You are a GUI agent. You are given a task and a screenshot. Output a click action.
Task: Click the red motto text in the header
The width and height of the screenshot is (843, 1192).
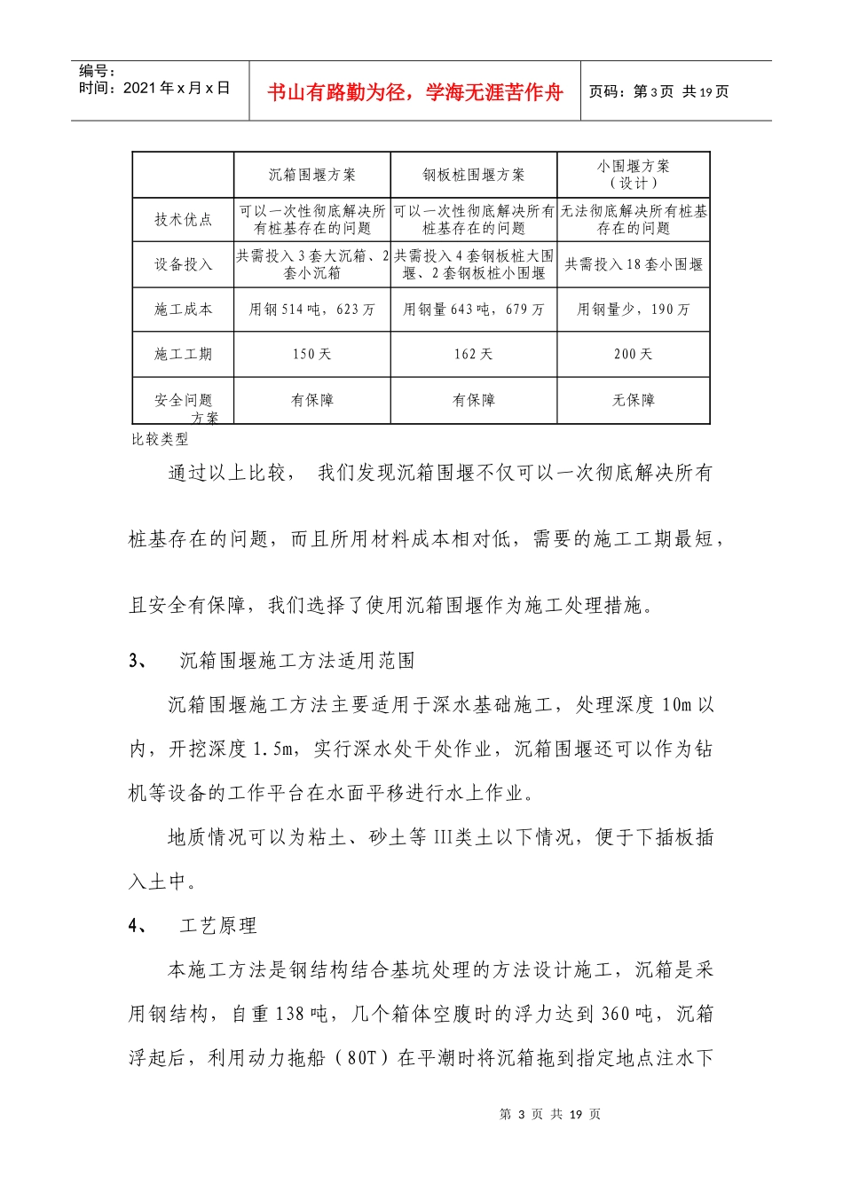(x=414, y=92)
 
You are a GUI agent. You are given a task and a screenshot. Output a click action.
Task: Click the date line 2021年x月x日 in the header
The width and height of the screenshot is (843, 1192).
(x=154, y=88)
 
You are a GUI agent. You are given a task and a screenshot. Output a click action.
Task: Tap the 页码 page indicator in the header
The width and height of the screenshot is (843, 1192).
(x=658, y=91)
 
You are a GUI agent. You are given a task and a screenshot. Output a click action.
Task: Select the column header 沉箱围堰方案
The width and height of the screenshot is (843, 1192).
(x=312, y=175)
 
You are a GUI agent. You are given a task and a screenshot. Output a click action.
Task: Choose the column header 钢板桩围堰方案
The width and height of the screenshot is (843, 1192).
(x=474, y=175)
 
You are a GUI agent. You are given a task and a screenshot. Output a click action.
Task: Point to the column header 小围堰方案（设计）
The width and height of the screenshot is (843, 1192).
(x=634, y=174)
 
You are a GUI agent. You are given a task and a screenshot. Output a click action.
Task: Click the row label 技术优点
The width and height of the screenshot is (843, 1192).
(x=183, y=220)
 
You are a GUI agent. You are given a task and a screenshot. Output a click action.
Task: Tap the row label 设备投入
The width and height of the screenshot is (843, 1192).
(x=183, y=264)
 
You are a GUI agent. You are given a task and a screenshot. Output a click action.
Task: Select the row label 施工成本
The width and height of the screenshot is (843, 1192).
(x=183, y=310)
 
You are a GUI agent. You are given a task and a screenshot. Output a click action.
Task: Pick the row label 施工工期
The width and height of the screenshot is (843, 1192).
(x=183, y=354)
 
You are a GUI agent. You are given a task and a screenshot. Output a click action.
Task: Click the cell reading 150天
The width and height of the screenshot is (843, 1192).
(x=312, y=354)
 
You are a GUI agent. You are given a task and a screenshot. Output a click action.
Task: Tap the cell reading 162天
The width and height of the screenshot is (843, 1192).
(x=474, y=354)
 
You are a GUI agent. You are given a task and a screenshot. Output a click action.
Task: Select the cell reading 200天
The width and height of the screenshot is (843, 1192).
(x=634, y=354)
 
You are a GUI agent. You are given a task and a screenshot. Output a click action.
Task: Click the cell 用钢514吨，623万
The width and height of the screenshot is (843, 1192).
(x=312, y=310)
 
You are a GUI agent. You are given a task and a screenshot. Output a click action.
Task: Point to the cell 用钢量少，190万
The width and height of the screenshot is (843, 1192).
(x=634, y=310)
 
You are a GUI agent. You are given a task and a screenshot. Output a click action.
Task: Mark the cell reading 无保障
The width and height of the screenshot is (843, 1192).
(x=634, y=400)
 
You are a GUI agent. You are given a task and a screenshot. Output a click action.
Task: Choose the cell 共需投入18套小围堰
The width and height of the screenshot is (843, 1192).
(x=634, y=264)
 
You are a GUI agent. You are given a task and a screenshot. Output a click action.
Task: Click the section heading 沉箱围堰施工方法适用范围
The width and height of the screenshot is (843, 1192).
(x=296, y=661)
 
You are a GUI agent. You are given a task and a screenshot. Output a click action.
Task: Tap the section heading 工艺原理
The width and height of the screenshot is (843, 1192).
(x=218, y=926)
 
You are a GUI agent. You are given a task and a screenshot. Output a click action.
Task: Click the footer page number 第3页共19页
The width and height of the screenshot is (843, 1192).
(x=550, y=1114)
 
